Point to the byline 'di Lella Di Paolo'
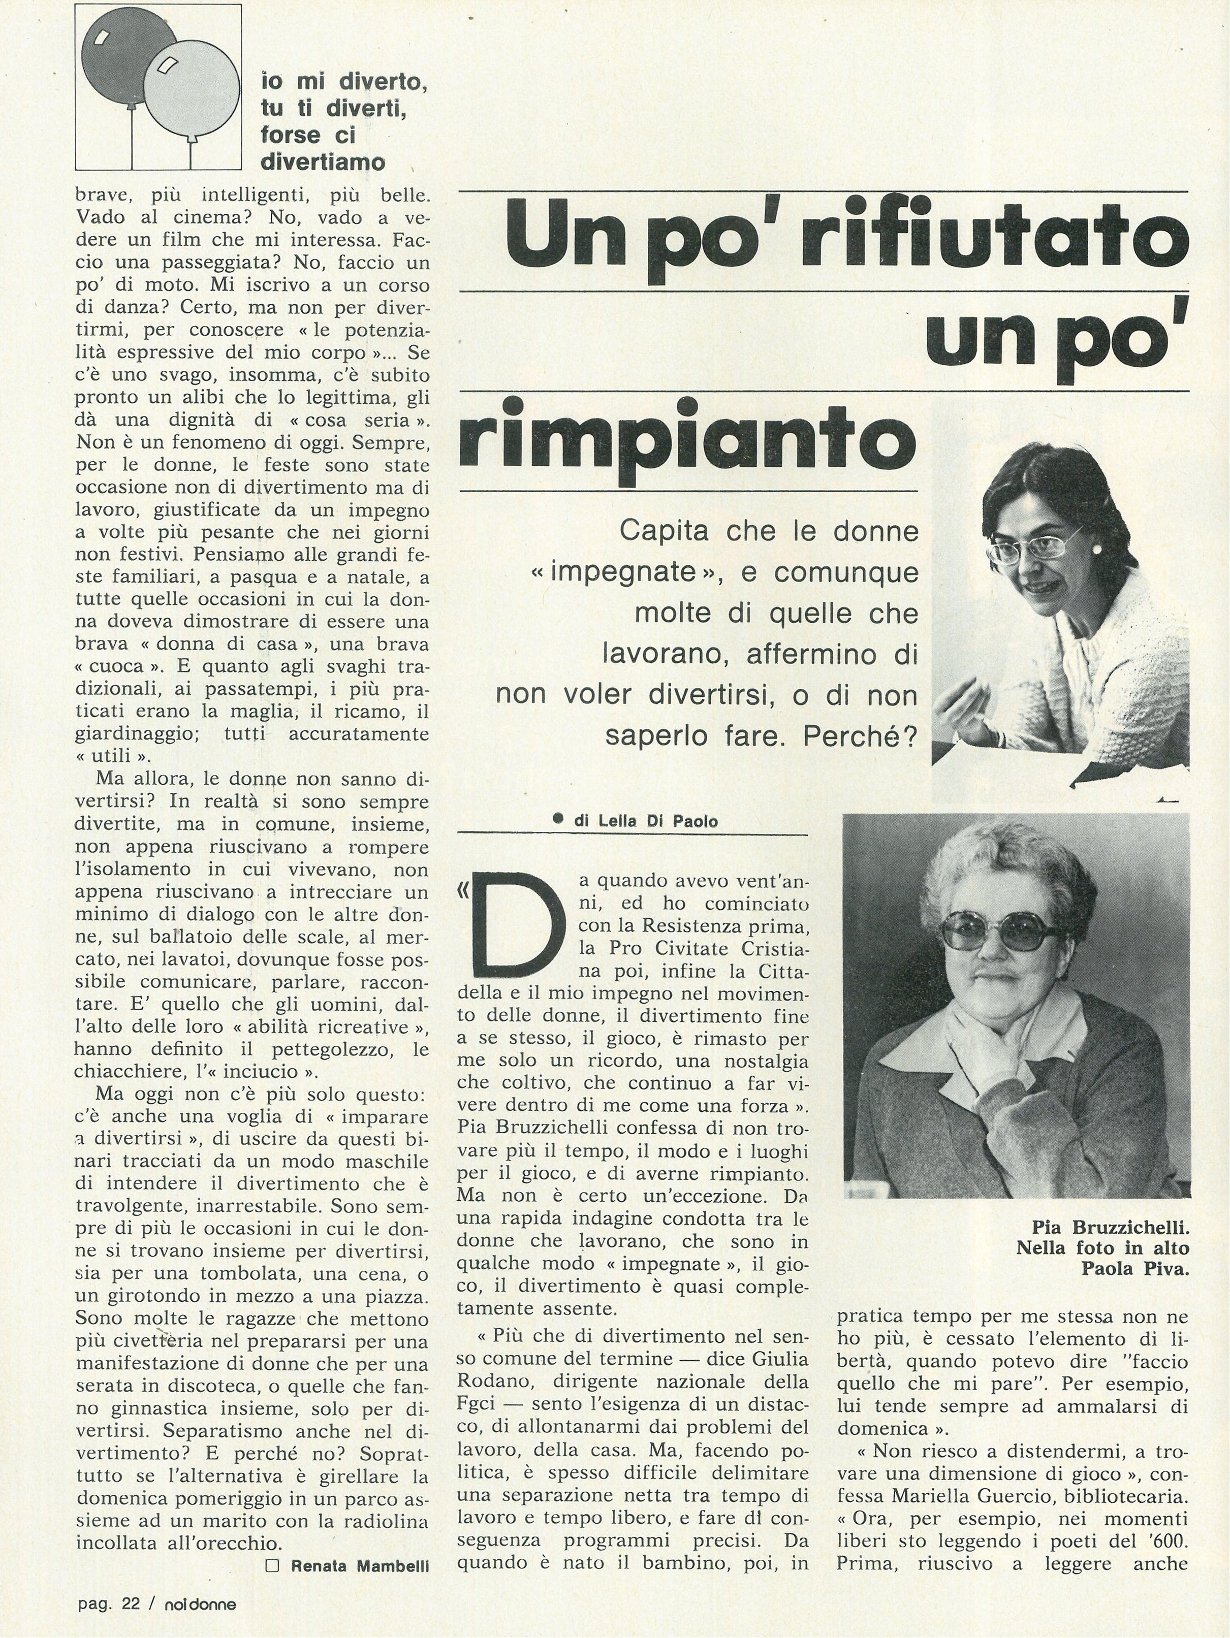pyautogui.click(x=644, y=820)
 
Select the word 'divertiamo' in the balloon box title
pyautogui.click(x=323, y=162)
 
